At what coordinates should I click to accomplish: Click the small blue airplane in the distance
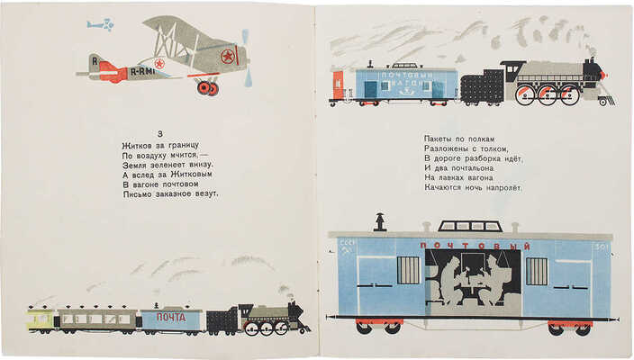point(100,25)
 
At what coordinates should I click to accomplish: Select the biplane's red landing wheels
point(208,86)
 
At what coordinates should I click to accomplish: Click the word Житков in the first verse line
point(139,146)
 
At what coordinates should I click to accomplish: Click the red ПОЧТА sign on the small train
point(171,317)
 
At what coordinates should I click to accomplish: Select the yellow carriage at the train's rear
point(40,318)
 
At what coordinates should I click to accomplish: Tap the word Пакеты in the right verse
point(440,139)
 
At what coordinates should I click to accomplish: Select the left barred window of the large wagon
point(408,270)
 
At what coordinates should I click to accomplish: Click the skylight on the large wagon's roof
point(468,226)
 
